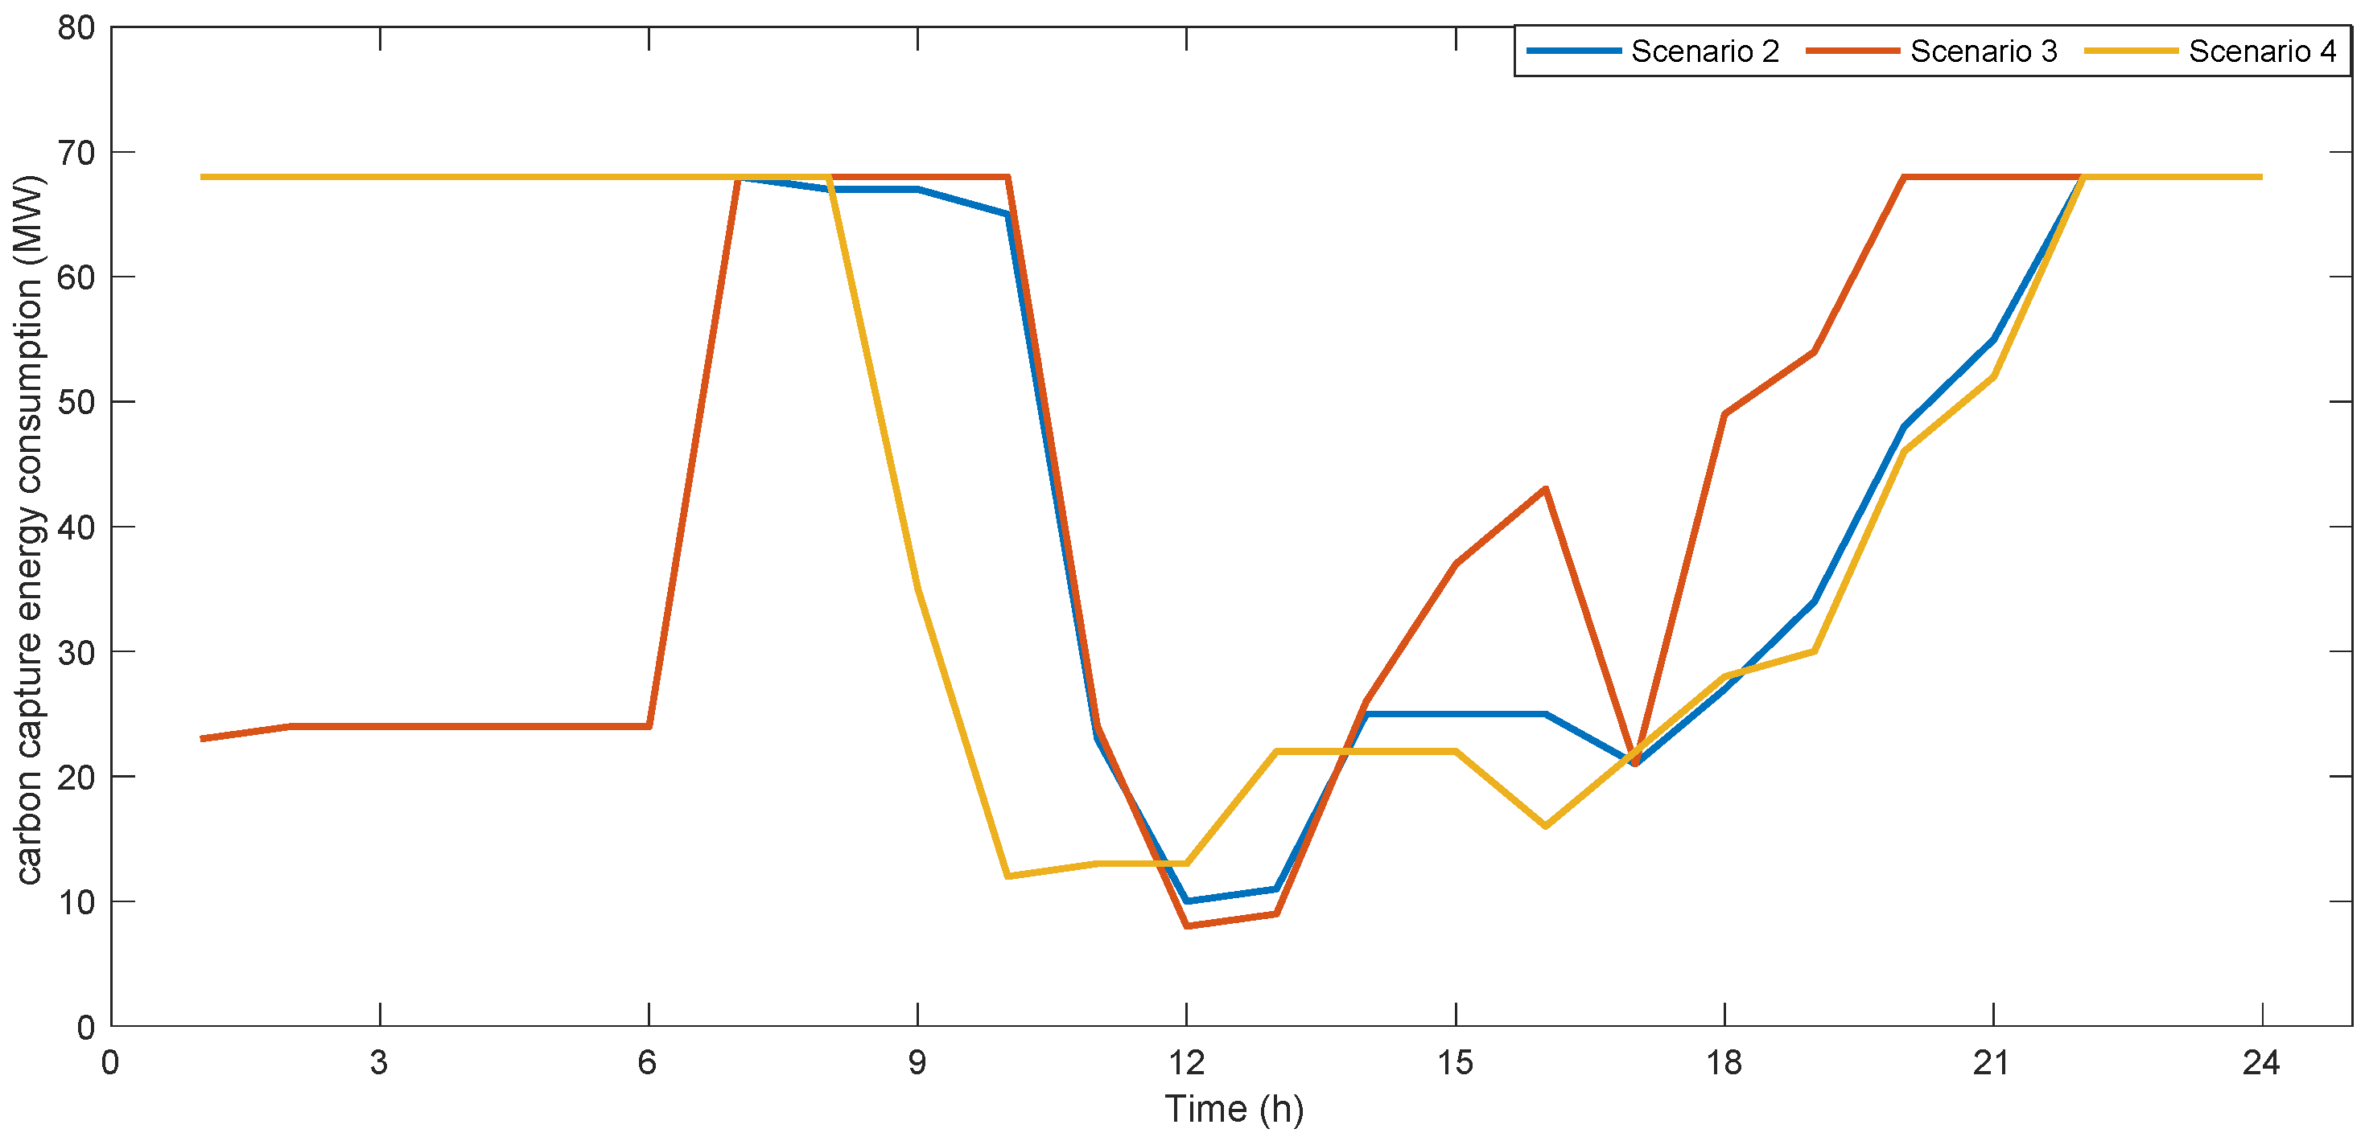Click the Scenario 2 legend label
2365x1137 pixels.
(1705, 51)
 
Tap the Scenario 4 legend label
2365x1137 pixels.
(2262, 51)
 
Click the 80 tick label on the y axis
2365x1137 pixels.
(76, 27)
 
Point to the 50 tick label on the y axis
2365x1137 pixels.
(76, 402)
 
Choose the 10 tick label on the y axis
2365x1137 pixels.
(76, 902)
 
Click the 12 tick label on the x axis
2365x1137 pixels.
(1186, 1063)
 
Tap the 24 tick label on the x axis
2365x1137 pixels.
(2261, 1063)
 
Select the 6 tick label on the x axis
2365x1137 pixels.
(648, 1063)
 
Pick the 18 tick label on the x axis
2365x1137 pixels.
(1724, 1063)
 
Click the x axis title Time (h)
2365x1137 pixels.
(1234, 1109)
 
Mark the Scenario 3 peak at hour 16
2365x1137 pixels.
(1546, 489)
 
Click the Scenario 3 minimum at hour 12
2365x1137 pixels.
(1187, 926)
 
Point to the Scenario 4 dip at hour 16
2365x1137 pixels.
(1546, 826)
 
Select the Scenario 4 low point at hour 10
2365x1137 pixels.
(1008, 876)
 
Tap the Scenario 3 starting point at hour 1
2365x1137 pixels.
(201, 739)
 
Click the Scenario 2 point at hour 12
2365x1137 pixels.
(1187, 901)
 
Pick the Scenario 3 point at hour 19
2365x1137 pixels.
(1814, 351)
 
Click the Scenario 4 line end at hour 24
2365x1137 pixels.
(2261, 177)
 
